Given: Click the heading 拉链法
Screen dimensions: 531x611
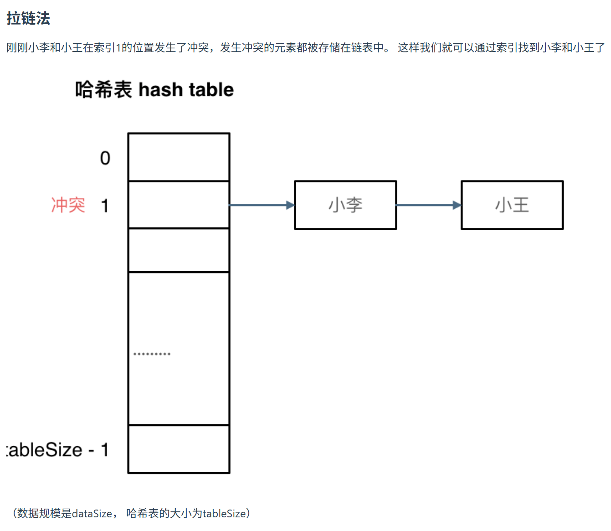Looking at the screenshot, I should pyautogui.click(x=28, y=19).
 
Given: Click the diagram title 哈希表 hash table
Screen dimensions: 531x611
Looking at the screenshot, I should pyautogui.click(x=154, y=90).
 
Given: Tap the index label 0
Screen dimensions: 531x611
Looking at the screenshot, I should pyautogui.click(x=105, y=158).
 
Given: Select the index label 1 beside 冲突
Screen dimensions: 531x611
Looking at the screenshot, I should pyautogui.click(x=105, y=206).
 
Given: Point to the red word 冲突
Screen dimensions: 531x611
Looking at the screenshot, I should pyautogui.click(x=68, y=205).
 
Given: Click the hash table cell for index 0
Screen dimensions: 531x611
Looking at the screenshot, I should pyautogui.click(x=179, y=157).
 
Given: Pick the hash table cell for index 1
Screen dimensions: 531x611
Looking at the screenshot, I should pyautogui.click(x=179, y=205).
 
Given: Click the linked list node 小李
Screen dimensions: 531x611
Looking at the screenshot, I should pyautogui.click(x=345, y=205).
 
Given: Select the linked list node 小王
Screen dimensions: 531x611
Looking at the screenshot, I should pyautogui.click(x=512, y=205).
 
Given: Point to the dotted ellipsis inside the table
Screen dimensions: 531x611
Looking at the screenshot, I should pyautogui.click(x=152, y=354).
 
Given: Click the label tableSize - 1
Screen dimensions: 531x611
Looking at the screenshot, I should pyautogui.click(x=57, y=450).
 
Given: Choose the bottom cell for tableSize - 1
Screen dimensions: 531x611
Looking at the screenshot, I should pyautogui.click(x=179, y=449).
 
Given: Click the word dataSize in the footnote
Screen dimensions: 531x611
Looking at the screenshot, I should pyautogui.click(x=92, y=514).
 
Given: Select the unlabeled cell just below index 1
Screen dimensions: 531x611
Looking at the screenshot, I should pyautogui.click(x=179, y=250).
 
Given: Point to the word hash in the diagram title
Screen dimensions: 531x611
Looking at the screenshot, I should pyautogui.click(x=161, y=90).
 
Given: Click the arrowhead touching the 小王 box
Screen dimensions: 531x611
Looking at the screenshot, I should pyautogui.click(x=457, y=205).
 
